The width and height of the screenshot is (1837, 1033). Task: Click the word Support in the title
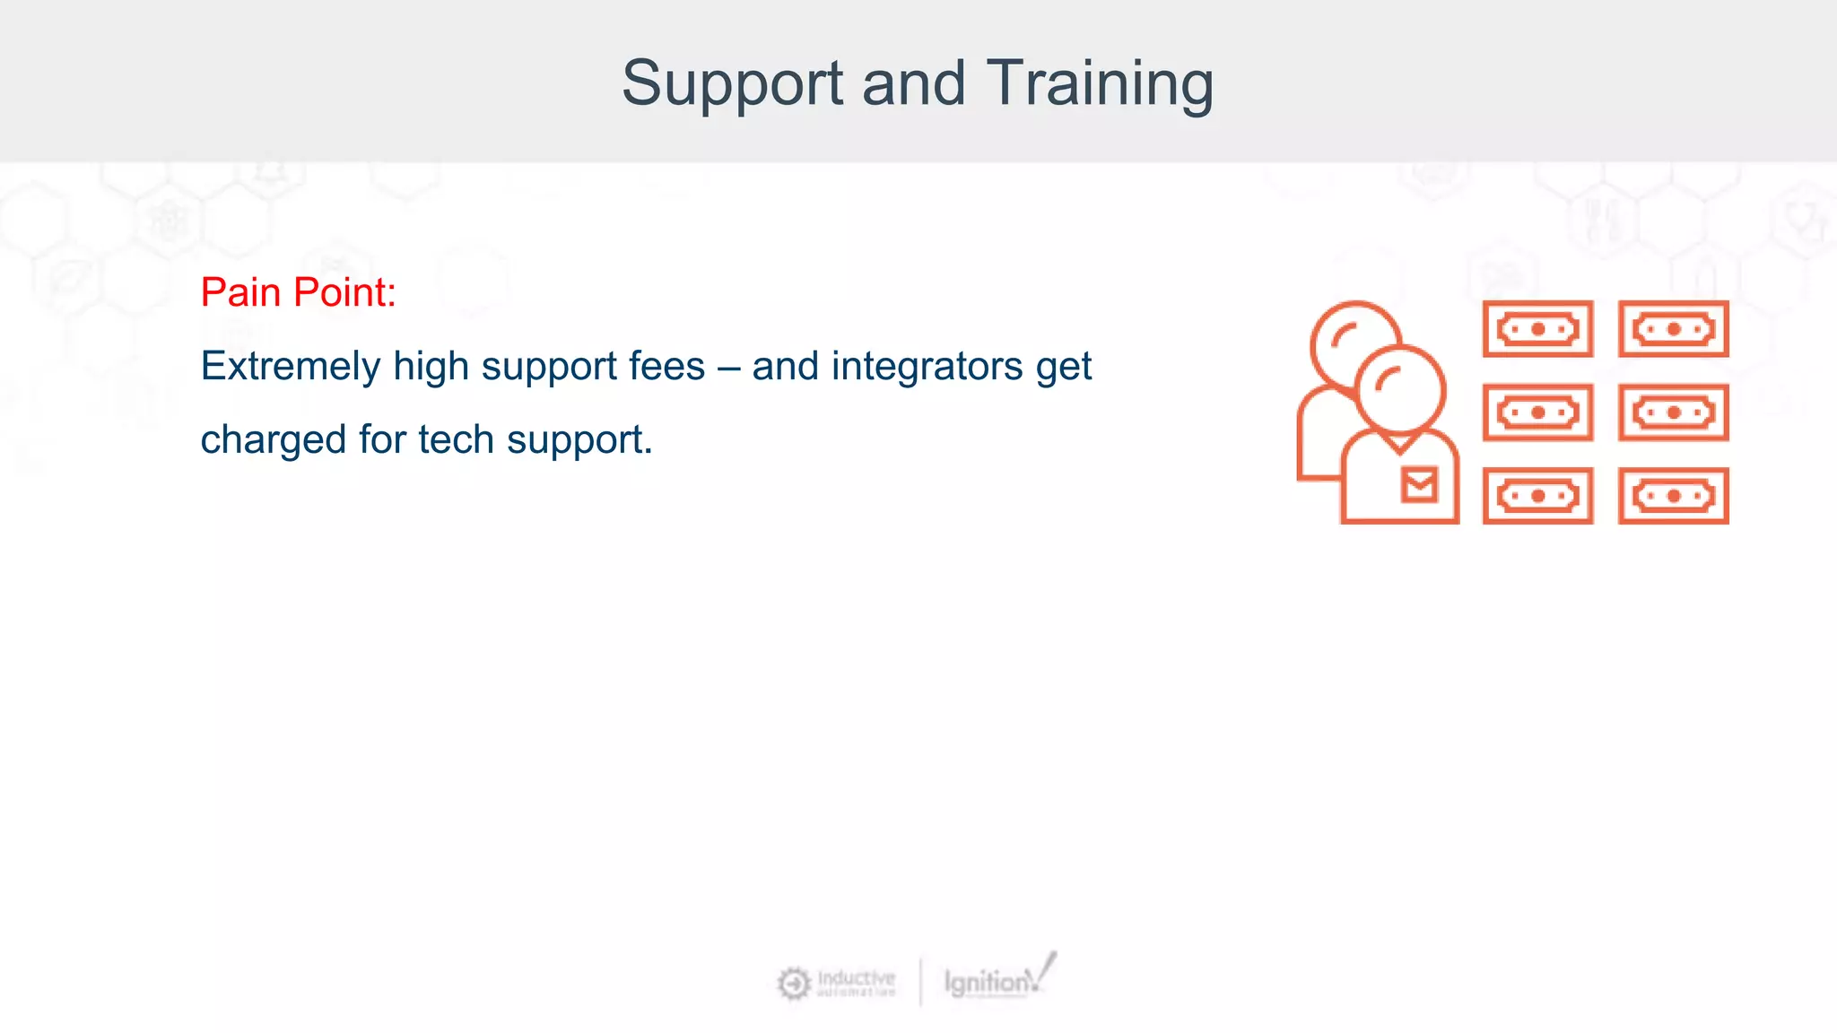pyautogui.click(x=732, y=84)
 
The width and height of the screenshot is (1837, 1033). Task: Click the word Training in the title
pyautogui.click(x=1100, y=84)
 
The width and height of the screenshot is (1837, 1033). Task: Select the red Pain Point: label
pyautogui.click(x=298, y=292)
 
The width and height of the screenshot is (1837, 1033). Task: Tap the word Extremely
pyautogui.click(x=291, y=367)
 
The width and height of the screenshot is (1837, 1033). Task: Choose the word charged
pyautogui.click(x=273, y=440)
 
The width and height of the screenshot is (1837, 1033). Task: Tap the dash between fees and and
pyautogui.click(x=728, y=367)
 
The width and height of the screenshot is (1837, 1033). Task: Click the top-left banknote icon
pyautogui.click(x=1537, y=329)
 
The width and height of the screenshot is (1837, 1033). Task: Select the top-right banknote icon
pyautogui.click(x=1673, y=329)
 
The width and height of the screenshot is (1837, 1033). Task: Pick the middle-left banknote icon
pyautogui.click(x=1537, y=412)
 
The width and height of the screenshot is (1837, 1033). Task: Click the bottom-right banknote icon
pyautogui.click(x=1673, y=496)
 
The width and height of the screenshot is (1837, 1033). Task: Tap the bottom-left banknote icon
pyautogui.click(x=1537, y=496)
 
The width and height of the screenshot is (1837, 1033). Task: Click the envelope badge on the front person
pyautogui.click(x=1419, y=485)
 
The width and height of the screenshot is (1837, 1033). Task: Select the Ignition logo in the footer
pyautogui.click(x=996, y=980)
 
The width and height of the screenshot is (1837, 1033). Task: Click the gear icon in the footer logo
pyautogui.click(x=793, y=984)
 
